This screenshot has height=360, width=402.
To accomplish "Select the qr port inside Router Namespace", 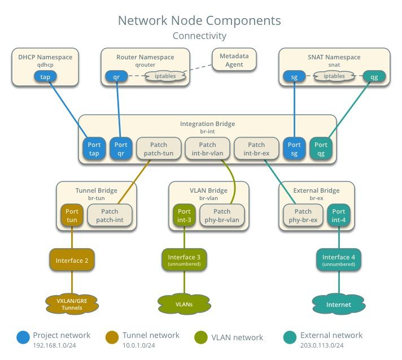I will (117, 76).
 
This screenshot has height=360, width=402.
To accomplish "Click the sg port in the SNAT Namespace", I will (294, 76).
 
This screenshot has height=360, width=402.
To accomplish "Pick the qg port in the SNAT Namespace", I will (374, 76).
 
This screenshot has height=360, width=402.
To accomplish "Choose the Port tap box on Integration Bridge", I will (94, 149).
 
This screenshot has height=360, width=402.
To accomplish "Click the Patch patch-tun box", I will (159, 149).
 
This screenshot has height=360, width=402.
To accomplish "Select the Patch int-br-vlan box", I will (207, 149).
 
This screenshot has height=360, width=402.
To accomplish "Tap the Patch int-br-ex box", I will (256, 149).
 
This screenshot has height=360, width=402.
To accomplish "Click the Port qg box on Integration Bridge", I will (321, 149).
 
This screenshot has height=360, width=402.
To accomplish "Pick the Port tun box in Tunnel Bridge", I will (72, 216).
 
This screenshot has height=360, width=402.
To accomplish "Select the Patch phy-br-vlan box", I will (222, 216).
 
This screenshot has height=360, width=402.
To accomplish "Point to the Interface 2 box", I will (72, 261).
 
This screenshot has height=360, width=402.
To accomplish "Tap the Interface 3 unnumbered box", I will (185, 261).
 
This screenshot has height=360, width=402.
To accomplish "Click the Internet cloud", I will (339, 304).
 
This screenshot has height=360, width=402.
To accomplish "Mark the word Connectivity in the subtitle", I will (199, 36).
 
